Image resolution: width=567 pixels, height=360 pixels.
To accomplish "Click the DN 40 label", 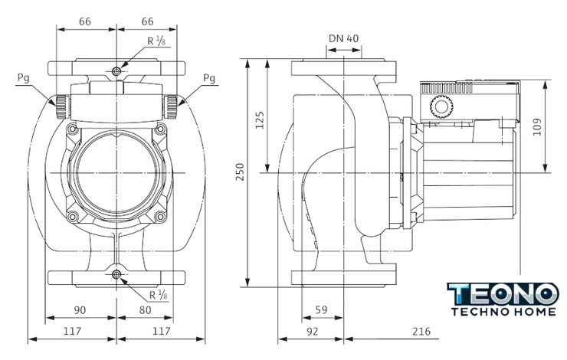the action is pos(343,38).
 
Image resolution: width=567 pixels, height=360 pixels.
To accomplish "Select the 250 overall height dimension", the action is pos(240,172).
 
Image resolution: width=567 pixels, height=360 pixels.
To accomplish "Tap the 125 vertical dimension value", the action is pos(259,120).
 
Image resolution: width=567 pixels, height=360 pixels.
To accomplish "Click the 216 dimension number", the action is pos(421,331).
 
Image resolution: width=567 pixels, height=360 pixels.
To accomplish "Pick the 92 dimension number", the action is pos(312,331).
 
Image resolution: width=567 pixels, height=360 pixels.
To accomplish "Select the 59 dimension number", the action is pos(321,309).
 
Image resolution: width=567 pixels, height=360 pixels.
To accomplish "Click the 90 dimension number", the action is pos(80,310).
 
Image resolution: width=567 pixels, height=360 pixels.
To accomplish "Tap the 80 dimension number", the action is pos(145,310).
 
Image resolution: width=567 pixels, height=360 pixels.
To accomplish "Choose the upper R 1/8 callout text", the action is pos(156,41).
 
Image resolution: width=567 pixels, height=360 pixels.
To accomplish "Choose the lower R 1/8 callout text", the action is pos(159,295).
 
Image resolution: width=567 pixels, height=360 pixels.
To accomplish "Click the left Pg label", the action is pos(23,78).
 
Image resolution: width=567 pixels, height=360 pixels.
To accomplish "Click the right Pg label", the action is pos(209,78).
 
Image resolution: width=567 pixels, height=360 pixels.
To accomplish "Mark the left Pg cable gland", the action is pos(62,106).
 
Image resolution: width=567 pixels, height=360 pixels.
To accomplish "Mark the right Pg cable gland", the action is pos(171,106).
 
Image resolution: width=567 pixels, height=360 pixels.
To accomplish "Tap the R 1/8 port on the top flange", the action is pos(116,71).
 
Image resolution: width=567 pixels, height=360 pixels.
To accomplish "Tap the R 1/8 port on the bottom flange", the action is pos(116,275).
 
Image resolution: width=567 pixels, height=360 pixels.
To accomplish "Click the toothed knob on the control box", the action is pos(441,106).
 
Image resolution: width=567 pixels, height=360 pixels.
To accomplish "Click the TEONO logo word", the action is pos(503,294).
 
